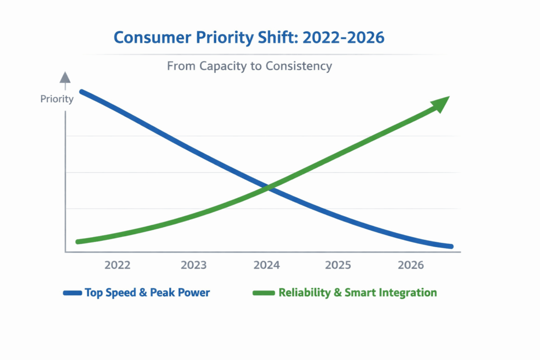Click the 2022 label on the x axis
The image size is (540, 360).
[118, 266]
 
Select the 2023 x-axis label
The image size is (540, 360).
[194, 266]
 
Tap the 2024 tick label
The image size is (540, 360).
[267, 266]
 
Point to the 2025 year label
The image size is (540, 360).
[338, 266]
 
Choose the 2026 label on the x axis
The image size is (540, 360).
[411, 266]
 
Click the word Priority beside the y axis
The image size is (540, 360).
[57, 99]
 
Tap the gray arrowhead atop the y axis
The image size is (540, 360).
[65, 77]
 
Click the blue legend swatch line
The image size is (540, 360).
[72, 293]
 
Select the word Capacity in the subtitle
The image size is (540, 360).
[220, 66]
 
